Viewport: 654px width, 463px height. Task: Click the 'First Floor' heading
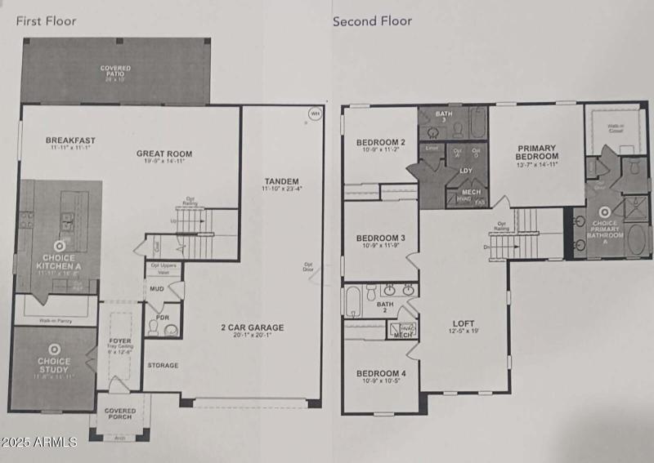pos(47,21)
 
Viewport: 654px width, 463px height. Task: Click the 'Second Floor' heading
pos(372,21)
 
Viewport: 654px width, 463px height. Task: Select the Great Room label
pos(164,154)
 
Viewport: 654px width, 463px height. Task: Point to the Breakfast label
pos(71,140)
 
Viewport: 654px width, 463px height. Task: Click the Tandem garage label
pos(281,181)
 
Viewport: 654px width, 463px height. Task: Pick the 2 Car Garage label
pos(252,328)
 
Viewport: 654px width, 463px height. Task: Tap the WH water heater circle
pos(315,114)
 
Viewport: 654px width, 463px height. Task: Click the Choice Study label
pos(54,365)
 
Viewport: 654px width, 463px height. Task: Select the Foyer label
pos(120,341)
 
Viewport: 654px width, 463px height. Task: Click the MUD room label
pos(155,288)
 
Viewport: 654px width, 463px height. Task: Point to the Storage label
pos(163,365)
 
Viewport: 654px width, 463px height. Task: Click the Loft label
pos(463,323)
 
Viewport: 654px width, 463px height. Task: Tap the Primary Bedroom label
pos(536,152)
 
